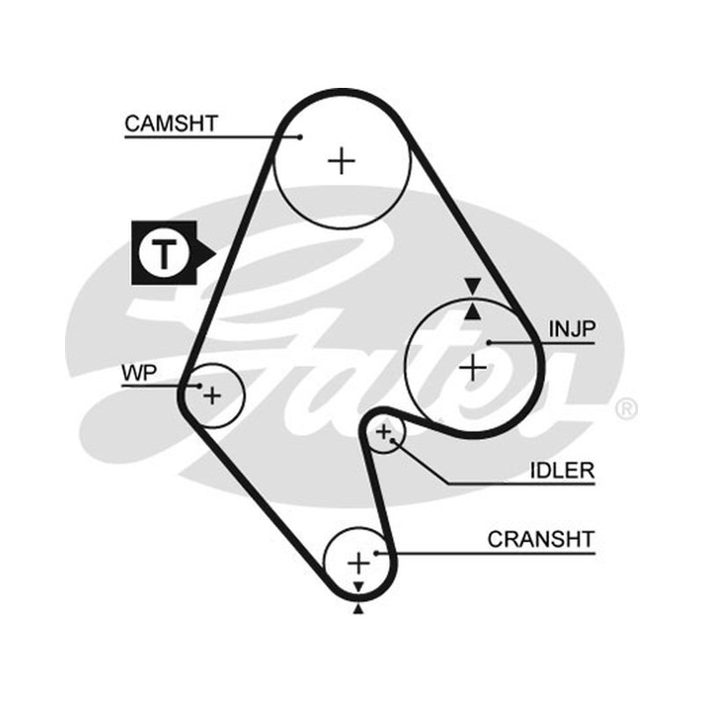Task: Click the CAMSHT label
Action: point(171,123)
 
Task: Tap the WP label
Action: point(139,373)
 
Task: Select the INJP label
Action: point(572,329)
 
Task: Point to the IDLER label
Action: point(562,470)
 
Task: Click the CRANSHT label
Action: point(541,540)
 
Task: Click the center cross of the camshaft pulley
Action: point(342,161)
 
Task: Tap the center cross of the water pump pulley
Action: point(212,396)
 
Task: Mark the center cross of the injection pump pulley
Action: point(473,368)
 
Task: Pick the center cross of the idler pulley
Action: point(383,432)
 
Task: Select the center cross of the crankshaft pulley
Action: point(359,562)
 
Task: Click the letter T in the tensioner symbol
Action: point(164,254)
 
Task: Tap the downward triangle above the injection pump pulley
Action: point(473,285)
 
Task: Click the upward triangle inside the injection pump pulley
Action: point(473,313)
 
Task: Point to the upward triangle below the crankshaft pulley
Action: point(359,609)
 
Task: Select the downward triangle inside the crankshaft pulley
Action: point(359,587)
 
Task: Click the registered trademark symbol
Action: point(627,409)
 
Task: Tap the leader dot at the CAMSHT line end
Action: point(301,137)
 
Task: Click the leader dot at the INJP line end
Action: point(489,343)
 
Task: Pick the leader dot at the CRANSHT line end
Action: point(377,554)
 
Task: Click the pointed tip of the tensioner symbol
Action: point(216,254)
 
